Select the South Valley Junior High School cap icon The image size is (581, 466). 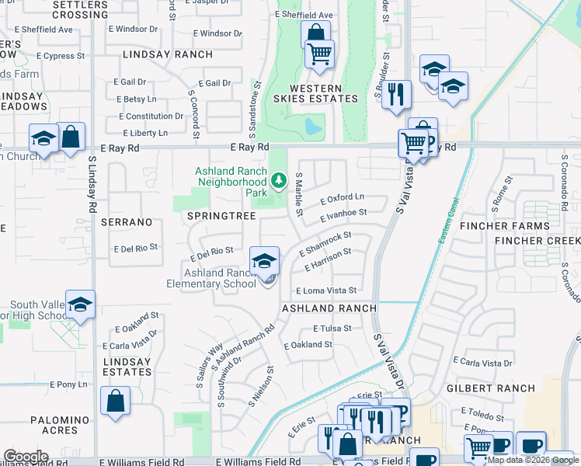pyautogui.click(x=79, y=304)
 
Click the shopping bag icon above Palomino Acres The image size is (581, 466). pyautogui.click(x=115, y=401)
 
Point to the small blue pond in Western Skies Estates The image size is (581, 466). pyautogui.click(x=312, y=126)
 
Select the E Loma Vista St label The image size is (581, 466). pyautogui.click(x=325, y=290)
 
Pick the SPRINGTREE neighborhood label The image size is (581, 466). pyautogui.click(x=216, y=216)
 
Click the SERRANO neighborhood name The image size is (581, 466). pyautogui.click(x=127, y=222)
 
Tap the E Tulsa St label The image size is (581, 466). pyautogui.click(x=332, y=328)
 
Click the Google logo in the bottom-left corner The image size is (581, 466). pyautogui.click(x=26, y=456)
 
